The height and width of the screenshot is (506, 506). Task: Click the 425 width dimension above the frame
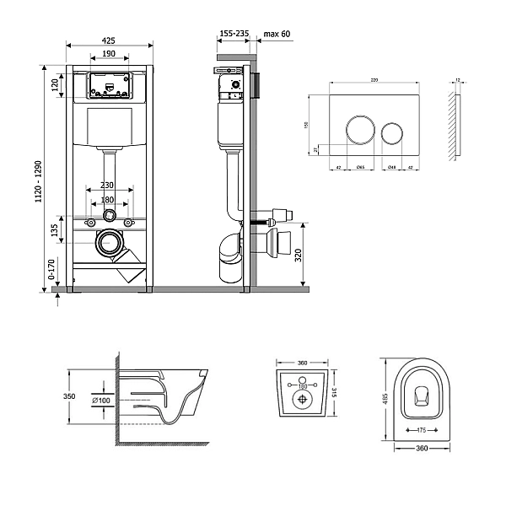[109, 39]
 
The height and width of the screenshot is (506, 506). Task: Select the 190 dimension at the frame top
[109, 54]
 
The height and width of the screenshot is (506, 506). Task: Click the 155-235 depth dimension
[234, 35]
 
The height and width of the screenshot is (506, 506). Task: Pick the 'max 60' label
[277, 35]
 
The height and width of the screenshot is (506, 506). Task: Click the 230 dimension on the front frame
[108, 186]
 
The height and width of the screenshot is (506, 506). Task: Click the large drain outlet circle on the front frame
[108, 245]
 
